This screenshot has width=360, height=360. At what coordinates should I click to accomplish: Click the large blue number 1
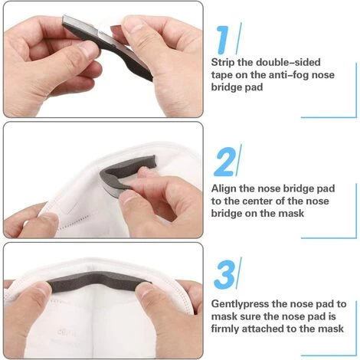(x=224, y=40)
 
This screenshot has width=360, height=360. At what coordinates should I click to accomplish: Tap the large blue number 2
(x=224, y=162)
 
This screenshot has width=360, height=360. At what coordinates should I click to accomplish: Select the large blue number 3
(x=224, y=274)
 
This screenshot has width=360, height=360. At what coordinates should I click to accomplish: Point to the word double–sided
(x=288, y=62)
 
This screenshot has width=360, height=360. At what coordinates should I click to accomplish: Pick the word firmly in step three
(x=225, y=329)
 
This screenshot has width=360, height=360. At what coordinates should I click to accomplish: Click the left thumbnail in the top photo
(x=87, y=50)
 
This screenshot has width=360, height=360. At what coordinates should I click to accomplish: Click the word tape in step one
(x=222, y=75)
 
